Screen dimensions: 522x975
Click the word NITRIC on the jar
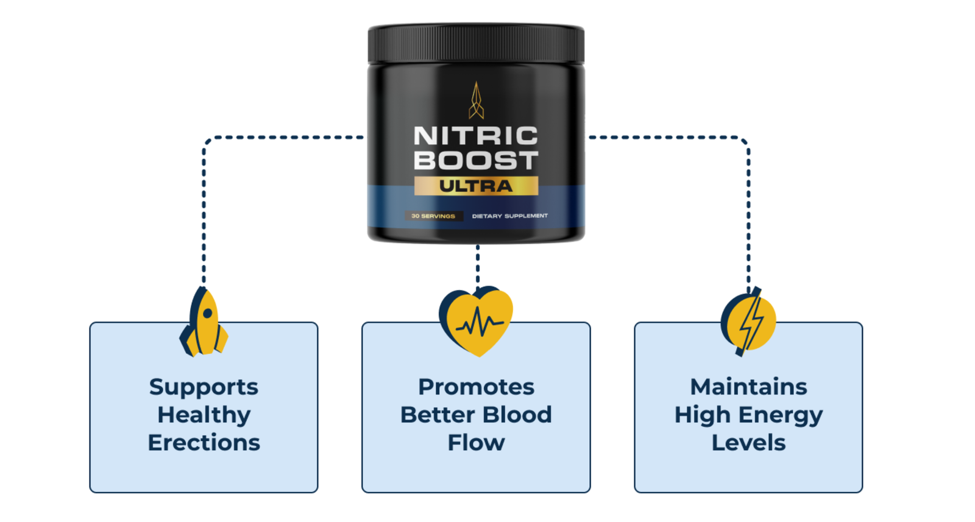(x=475, y=136)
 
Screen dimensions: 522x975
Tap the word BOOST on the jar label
(x=475, y=161)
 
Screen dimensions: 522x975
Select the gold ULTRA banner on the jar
(x=476, y=186)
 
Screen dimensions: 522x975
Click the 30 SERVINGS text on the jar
(x=433, y=216)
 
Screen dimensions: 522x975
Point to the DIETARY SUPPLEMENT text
(x=509, y=216)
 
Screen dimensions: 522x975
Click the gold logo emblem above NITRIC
(x=476, y=101)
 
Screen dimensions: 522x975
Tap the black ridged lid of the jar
(x=476, y=43)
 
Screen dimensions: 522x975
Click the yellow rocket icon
(x=204, y=323)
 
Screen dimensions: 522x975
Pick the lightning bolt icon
(x=749, y=322)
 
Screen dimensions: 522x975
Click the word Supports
(x=204, y=387)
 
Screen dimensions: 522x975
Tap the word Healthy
(x=204, y=415)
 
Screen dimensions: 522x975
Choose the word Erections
(x=204, y=443)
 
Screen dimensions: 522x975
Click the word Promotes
(x=476, y=387)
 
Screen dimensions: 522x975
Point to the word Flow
(x=476, y=443)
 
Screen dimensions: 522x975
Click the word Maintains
(x=748, y=387)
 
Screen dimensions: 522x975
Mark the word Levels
(x=748, y=443)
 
